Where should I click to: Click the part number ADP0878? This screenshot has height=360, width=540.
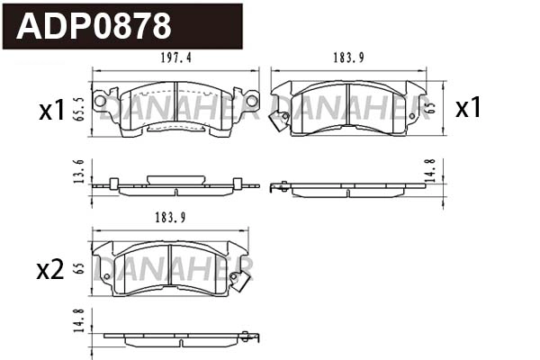(x=94, y=26)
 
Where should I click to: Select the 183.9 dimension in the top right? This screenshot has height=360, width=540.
(x=347, y=58)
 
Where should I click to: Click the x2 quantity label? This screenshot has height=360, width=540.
(x=49, y=269)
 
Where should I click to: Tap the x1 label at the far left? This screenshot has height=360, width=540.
(x=52, y=111)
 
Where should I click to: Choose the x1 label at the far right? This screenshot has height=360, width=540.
(x=468, y=108)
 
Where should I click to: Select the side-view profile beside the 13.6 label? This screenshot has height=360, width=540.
(x=175, y=184)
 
